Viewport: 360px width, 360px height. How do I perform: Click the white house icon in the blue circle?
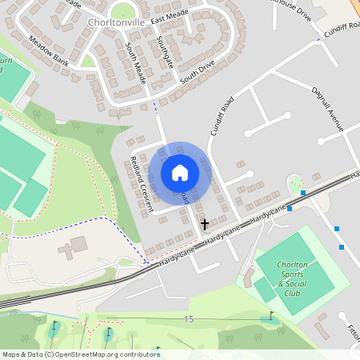click(180, 172)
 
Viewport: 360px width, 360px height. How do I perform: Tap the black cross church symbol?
click(204, 225)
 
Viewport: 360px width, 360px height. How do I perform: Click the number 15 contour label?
click(188, 320)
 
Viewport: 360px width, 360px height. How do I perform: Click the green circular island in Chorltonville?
click(122, 10)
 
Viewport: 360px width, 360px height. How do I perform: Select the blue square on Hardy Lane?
click(290, 209)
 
